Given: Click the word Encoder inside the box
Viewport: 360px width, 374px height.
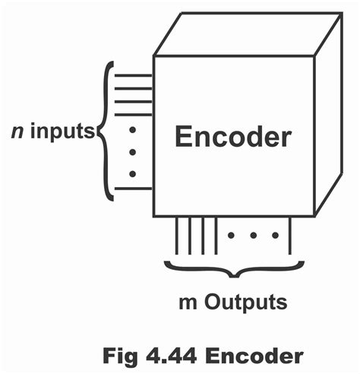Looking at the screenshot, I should (232, 137).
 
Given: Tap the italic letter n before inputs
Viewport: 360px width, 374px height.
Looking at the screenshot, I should (16, 132).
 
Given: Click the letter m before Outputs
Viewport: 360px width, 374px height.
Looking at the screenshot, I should (185, 302).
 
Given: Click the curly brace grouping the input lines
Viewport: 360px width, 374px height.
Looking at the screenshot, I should (106, 132).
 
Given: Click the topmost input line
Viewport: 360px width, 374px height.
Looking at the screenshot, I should (134, 75).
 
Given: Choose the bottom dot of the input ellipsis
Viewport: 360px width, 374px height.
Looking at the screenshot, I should (132, 173).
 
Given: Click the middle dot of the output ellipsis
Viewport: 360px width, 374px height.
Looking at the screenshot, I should (253, 235).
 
